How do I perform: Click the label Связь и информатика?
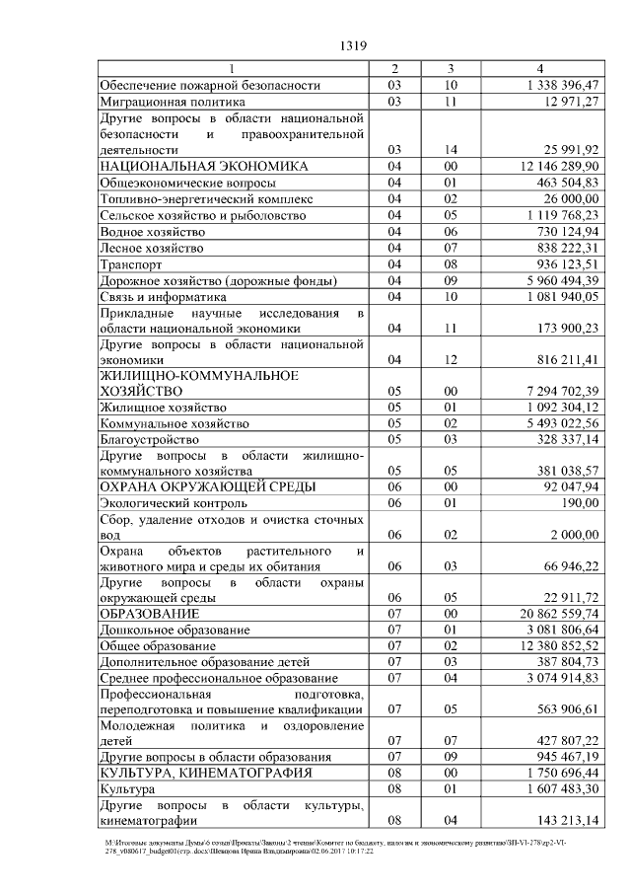point(164,296)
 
